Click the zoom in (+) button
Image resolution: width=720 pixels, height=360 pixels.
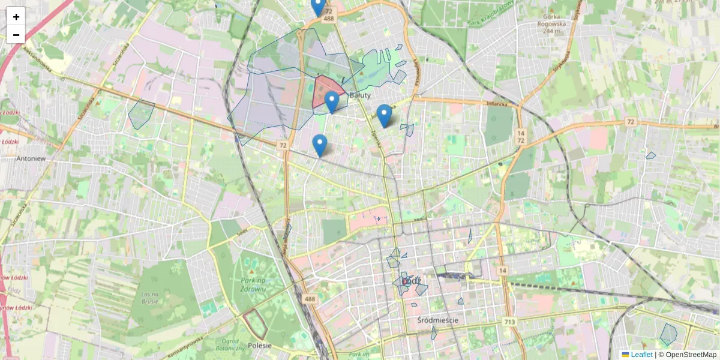[16, 16]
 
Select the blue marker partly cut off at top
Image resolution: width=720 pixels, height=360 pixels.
[318, 6]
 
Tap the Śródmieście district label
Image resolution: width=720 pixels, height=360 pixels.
[437, 320]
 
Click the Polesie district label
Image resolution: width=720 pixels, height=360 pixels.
[260, 345]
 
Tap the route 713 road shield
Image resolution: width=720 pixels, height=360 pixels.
[509, 322]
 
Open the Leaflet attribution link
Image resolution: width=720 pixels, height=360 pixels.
[641, 355]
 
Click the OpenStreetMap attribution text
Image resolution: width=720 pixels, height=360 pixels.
[689, 355]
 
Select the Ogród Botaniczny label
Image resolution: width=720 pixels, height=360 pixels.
[230, 344]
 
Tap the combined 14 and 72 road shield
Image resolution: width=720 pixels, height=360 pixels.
[520, 136]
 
